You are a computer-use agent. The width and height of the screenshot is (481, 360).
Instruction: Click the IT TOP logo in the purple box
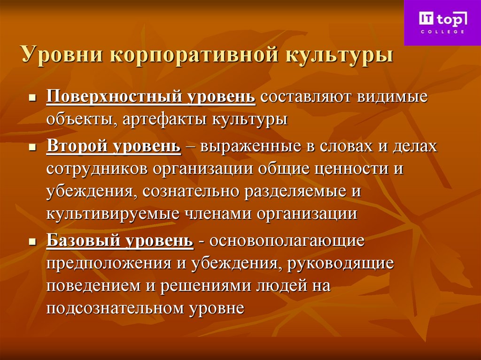(442, 19)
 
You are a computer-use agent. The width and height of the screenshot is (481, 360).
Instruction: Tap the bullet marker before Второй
(32, 147)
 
